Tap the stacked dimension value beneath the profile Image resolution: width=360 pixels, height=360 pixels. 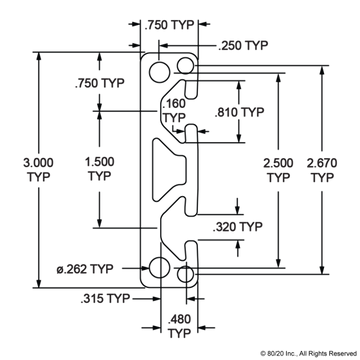pyautogui.click(x=179, y=323)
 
